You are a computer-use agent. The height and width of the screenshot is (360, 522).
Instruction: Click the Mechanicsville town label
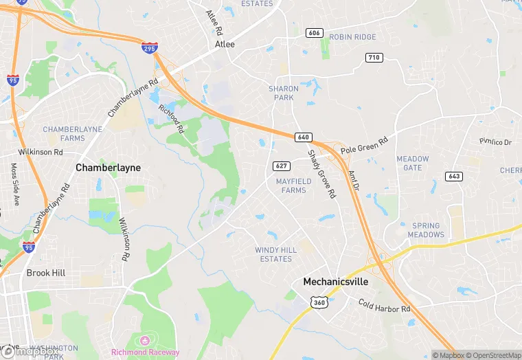click(336, 282)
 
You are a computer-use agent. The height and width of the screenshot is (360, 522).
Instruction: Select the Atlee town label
click(225, 44)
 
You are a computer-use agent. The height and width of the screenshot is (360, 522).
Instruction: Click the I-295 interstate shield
click(150, 47)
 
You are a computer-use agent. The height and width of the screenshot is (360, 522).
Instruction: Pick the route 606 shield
click(314, 33)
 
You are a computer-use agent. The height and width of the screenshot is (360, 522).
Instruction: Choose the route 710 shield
click(374, 57)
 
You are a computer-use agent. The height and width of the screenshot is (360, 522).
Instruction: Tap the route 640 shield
click(304, 137)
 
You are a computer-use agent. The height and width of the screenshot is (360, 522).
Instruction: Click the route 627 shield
click(280, 166)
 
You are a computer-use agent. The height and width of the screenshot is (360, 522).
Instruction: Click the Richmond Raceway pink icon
click(144, 341)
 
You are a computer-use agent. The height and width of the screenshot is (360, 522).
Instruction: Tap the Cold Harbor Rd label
click(384, 305)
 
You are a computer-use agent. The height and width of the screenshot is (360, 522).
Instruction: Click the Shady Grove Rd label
click(321, 175)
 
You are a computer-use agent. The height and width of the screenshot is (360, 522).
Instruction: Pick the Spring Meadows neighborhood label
click(426, 230)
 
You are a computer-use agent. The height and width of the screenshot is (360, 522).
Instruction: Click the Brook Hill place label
click(46, 273)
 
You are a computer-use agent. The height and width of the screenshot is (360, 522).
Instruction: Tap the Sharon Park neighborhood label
click(283, 93)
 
